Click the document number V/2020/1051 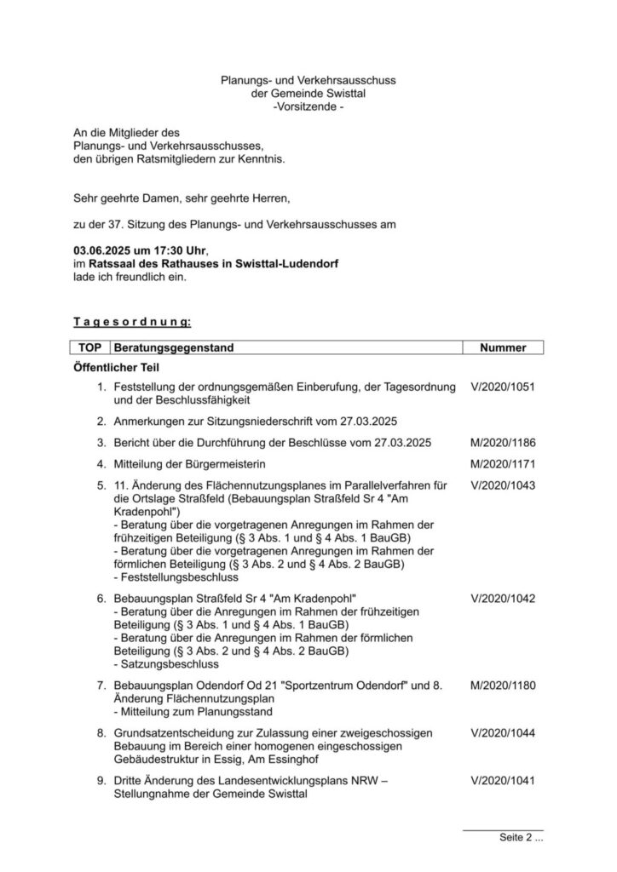point(502,387)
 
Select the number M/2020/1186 point(502,443)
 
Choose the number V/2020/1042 point(502,598)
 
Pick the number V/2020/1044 point(502,733)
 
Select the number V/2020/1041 point(502,781)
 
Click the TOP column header point(89,348)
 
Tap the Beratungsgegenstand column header point(174,348)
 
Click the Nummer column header point(503,348)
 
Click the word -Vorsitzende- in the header point(308,106)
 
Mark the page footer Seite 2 point(521,839)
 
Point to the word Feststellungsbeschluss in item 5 point(173,577)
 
